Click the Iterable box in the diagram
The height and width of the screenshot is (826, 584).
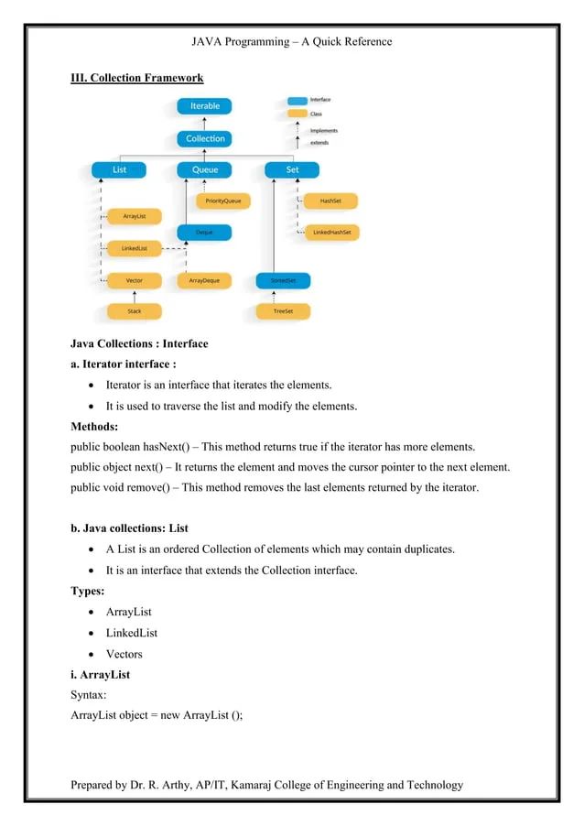click(x=204, y=106)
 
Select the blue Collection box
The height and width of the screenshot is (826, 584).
click(x=204, y=138)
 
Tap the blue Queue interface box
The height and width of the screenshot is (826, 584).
click(x=204, y=170)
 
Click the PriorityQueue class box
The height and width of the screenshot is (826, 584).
click(x=222, y=201)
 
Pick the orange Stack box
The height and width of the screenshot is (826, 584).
click(x=134, y=311)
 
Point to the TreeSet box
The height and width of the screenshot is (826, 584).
click(x=283, y=311)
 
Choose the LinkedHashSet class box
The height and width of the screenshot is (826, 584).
click(x=330, y=233)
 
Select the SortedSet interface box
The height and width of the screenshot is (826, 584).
click(x=283, y=280)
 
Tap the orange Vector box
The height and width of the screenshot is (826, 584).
click(x=134, y=280)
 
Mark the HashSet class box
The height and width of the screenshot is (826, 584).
click(x=330, y=201)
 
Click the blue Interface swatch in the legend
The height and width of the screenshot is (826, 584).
click(x=297, y=100)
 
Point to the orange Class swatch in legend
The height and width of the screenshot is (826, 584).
click(x=297, y=114)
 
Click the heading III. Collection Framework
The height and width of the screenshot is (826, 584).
click(x=136, y=78)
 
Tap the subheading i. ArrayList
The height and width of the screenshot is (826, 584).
click(x=101, y=675)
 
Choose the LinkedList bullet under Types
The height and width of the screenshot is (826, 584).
click(x=132, y=633)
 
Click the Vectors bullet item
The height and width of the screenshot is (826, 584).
click(x=124, y=654)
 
